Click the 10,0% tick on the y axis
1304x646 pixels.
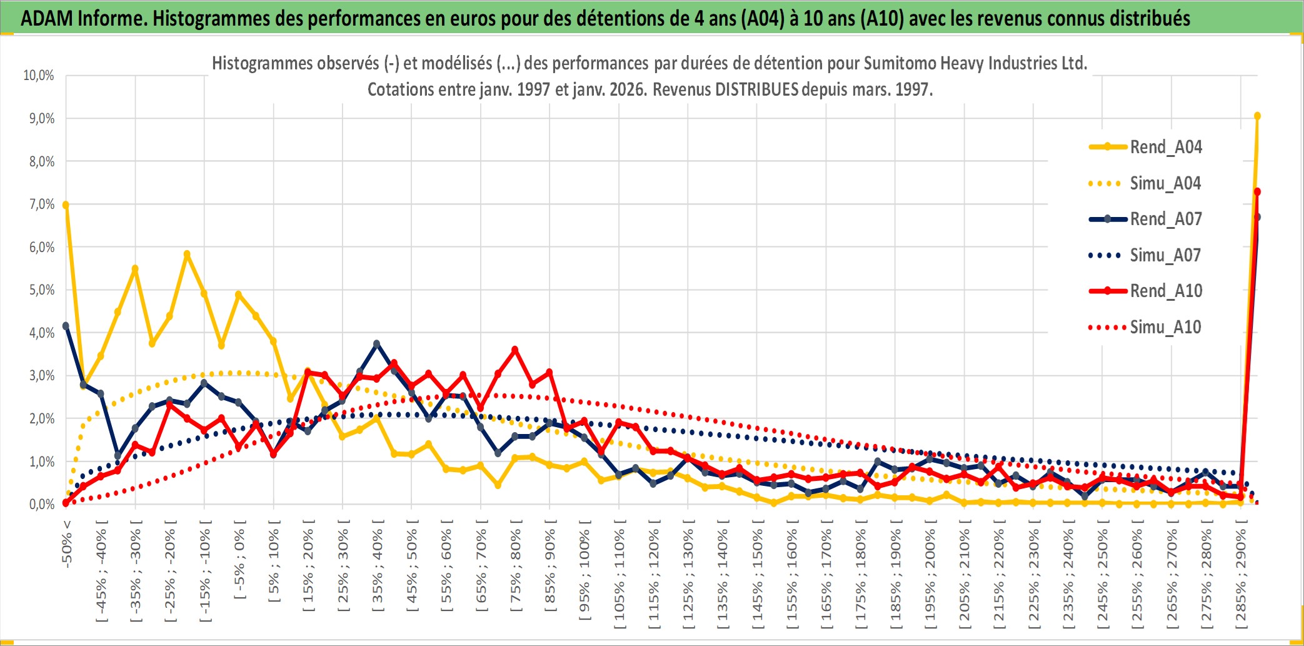pyautogui.click(x=39, y=76)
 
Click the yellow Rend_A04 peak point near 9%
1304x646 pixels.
pyautogui.click(x=1257, y=116)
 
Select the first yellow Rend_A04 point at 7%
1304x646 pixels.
pyautogui.click(x=66, y=204)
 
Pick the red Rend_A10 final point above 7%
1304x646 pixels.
pyautogui.click(x=1257, y=192)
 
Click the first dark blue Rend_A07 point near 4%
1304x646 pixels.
pyautogui.click(x=66, y=326)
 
